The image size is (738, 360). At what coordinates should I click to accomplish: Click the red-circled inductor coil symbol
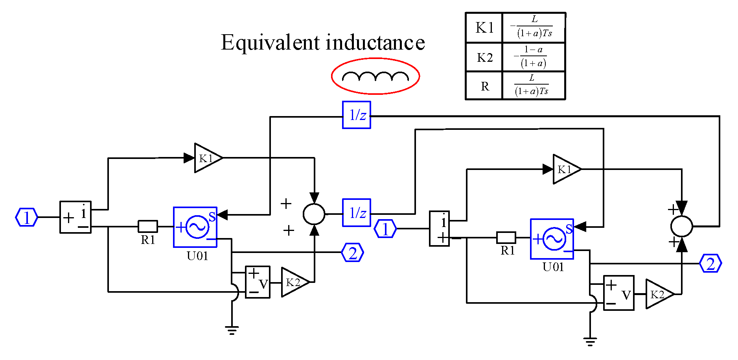click(x=375, y=76)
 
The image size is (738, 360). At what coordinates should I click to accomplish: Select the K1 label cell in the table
click(x=484, y=28)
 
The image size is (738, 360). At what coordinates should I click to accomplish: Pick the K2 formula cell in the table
click(x=534, y=57)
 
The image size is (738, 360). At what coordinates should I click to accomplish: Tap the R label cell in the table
click(x=484, y=86)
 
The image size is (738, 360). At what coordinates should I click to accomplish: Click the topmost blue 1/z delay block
click(x=357, y=115)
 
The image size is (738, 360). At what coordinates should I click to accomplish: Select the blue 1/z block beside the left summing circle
click(x=357, y=213)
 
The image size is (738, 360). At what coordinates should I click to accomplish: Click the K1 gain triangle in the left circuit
click(x=207, y=158)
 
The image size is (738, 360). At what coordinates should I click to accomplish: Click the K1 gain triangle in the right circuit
click(x=565, y=169)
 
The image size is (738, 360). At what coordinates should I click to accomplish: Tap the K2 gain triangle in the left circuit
click(x=294, y=282)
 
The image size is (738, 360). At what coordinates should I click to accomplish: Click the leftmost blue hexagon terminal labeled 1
click(x=26, y=217)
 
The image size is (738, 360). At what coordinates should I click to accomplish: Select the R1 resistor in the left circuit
click(x=148, y=226)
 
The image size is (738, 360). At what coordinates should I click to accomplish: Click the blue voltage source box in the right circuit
click(x=552, y=239)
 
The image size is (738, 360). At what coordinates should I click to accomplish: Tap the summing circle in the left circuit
click(x=314, y=214)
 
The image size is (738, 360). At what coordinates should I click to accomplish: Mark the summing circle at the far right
click(x=681, y=226)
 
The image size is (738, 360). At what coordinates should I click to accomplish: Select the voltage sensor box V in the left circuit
click(x=258, y=282)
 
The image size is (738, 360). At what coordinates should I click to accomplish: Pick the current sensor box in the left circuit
click(x=75, y=217)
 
